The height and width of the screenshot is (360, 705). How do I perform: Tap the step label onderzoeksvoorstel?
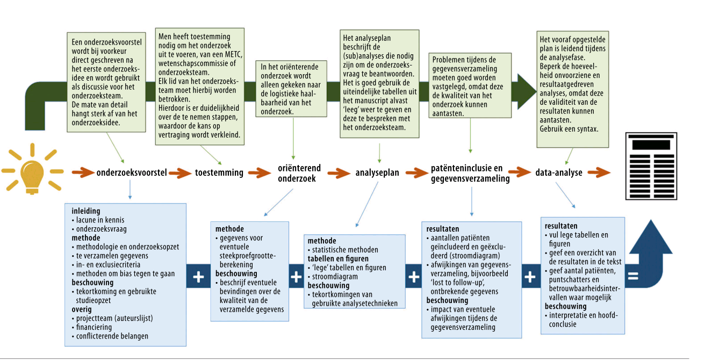[132, 173]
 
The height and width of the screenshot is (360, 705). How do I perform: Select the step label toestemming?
[219, 173]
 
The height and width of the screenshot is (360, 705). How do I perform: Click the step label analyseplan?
[377, 173]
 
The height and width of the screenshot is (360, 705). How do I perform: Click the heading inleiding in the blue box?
[86, 211]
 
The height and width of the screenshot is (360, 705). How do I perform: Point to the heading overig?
[82, 309]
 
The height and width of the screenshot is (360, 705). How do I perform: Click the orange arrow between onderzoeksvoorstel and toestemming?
[181, 173]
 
